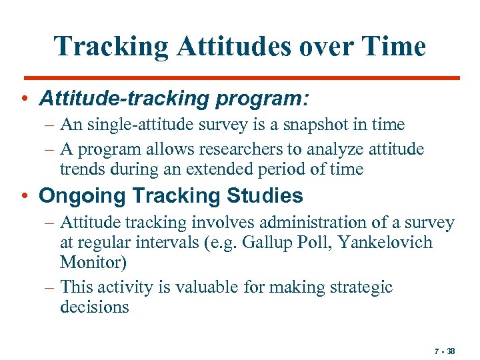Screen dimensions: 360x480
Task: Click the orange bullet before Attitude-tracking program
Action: [x=25, y=100]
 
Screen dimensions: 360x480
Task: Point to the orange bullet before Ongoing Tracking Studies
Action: [x=25, y=197]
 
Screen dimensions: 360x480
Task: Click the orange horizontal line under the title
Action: [x=240, y=78]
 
